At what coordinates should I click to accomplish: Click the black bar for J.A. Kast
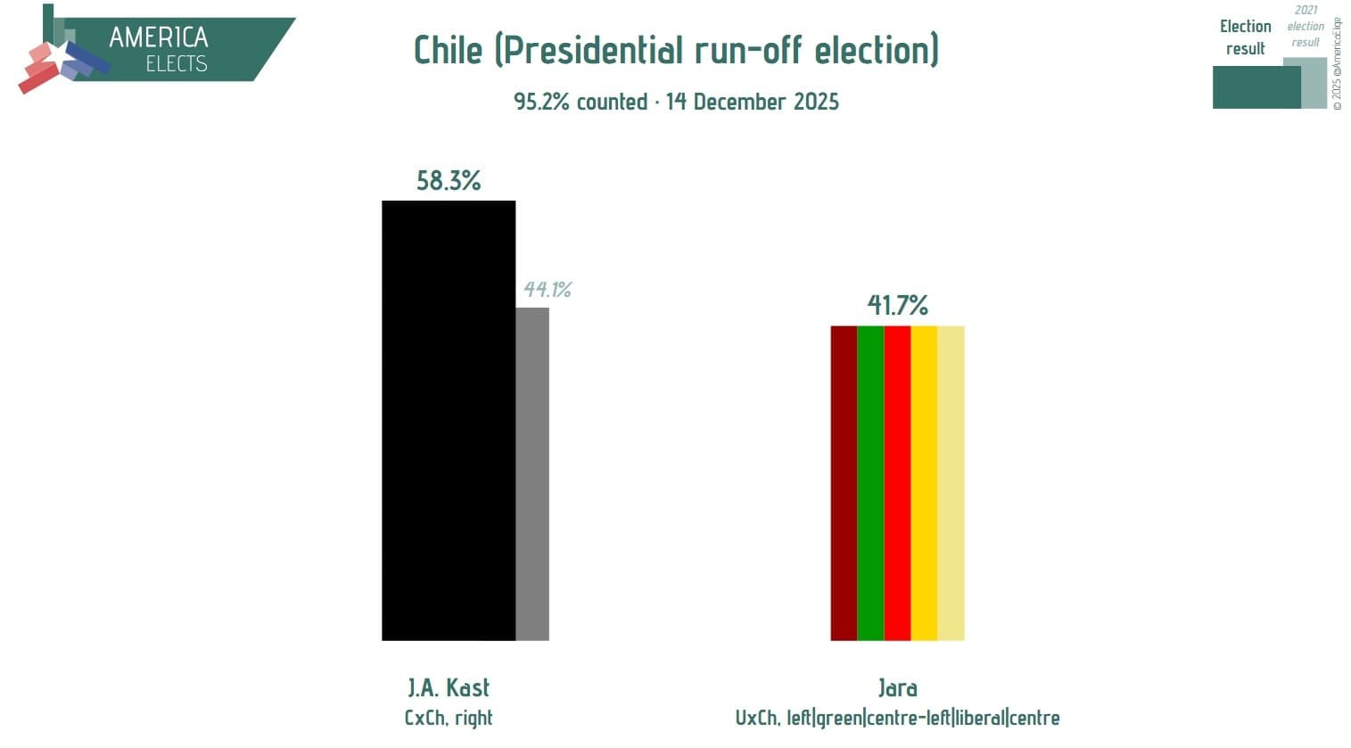pyautogui.click(x=448, y=420)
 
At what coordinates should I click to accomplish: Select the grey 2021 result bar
pyautogui.click(x=532, y=473)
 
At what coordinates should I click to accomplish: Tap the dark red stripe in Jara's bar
pyautogui.click(x=844, y=482)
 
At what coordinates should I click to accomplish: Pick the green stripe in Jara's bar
pyautogui.click(x=870, y=482)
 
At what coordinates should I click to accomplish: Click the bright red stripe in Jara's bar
pyautogui.click(x=897, y=482)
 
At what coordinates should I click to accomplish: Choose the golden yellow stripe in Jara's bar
pyautogui.click(x=924, y=482)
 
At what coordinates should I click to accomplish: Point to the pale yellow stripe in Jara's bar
pyautogui.click(x=951, y=482)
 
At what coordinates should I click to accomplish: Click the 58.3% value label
pyautogui.click(x=449, y=181)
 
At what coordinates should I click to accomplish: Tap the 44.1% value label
pyautogui.click(x=547, y=290)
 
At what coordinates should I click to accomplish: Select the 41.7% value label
pyautogui.click(x=897, y=306)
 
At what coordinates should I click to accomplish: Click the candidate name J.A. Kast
pyautogui.click(x=449, y=687)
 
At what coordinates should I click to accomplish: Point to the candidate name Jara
pyautogui.click(x=897, y=687)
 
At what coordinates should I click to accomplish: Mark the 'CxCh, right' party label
pyautogui.click(x=449, y=718)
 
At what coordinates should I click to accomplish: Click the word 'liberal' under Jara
pyautogui.click(x=979, y=718)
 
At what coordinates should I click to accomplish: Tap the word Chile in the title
pyautogui.click(x=448, y=50)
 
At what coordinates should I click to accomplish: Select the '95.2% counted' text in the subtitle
pyautogui.click(x=581, y=102)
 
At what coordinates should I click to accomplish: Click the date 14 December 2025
pyautogui.click(x=752, y=102)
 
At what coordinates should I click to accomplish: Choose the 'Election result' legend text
pyautogui.click(x=1245, y=37)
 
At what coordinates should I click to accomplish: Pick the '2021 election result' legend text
pyautogui.click(x=1306, y=27)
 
